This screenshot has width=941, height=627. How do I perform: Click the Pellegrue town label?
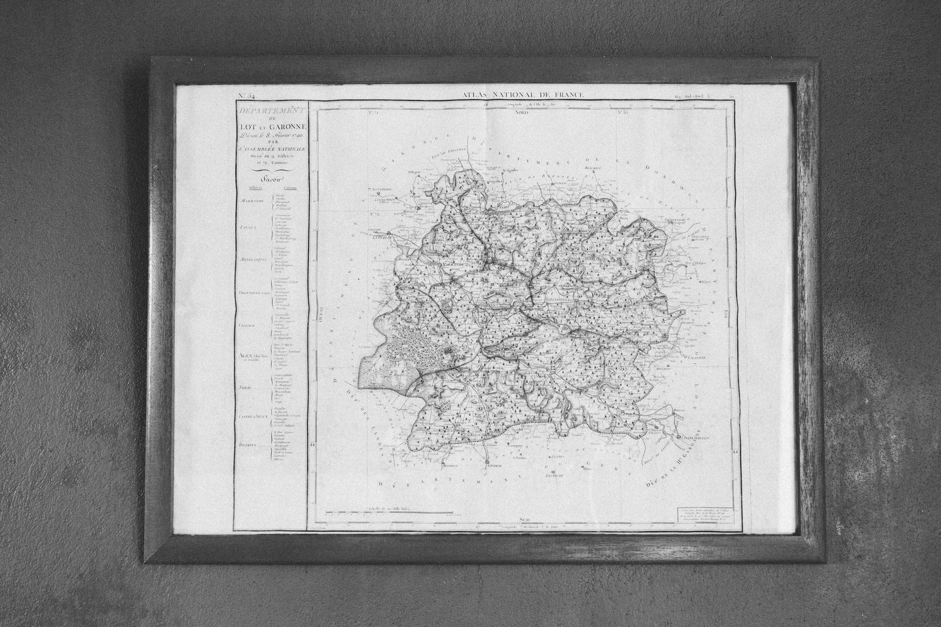click(415, 173)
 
